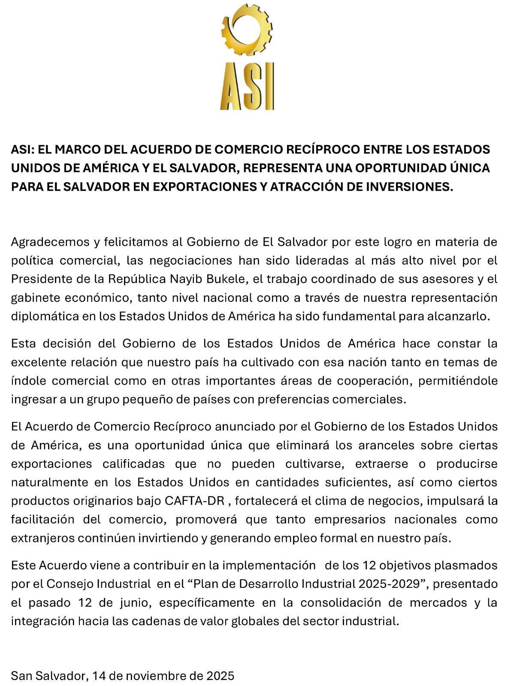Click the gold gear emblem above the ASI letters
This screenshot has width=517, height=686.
click(x=247, y=30)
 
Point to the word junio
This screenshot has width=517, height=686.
click(x=133, y=603)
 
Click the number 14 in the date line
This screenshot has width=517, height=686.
click(x=99, y=676)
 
